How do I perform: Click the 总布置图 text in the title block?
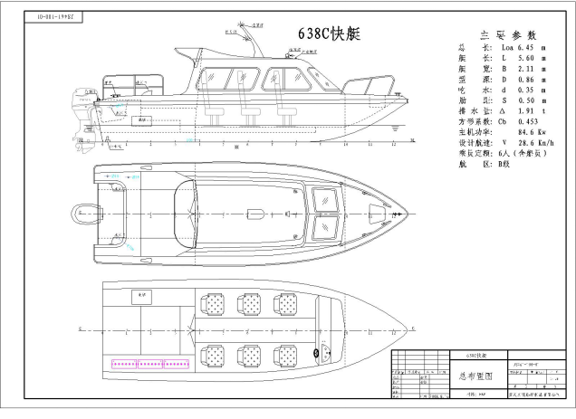[476, 374]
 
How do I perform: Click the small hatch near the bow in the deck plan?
[374, 214]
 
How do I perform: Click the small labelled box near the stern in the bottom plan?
[139, 295]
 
